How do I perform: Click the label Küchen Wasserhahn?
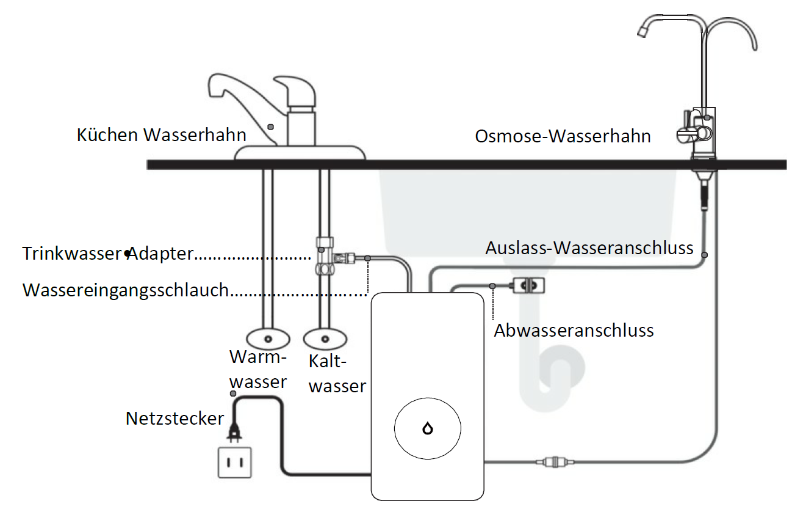point(161,135)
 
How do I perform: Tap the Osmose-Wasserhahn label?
point(563,136)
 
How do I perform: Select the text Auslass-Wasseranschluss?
point(589,248)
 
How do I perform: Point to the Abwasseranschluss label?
point(574,331)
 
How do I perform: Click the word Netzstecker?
point(175,419)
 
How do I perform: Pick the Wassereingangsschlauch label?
point(126,290)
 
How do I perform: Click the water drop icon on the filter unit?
point(428,428)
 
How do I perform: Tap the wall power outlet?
point(235,463)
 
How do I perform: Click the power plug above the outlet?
point(234,433)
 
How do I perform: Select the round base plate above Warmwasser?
point(268,339)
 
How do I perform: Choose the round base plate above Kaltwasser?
point(325,339)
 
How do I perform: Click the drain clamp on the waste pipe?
point(528,285)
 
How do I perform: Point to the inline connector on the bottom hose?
point(555,462)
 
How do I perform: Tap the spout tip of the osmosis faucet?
point(643,32)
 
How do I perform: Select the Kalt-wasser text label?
point(337,374)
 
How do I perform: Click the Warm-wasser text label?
point(258,369)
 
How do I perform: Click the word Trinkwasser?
point(73,254)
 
